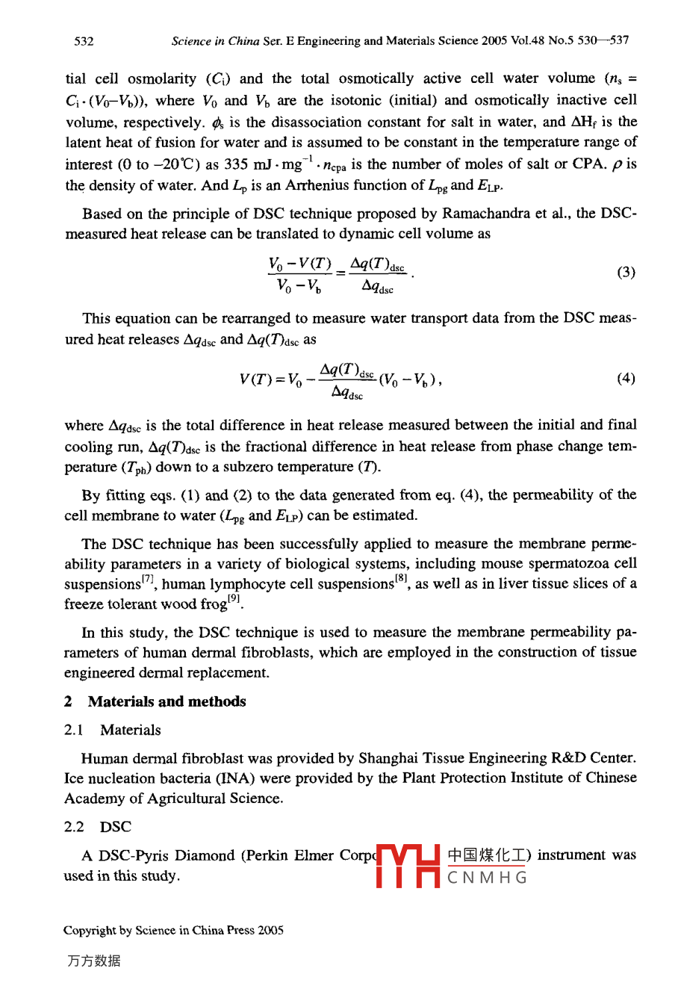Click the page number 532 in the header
84,41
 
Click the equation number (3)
626,272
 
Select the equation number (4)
626,378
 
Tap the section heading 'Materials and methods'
167,701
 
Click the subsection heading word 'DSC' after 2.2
115,827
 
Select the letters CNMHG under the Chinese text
488,878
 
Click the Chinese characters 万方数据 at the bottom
93,961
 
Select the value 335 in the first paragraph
236,164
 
